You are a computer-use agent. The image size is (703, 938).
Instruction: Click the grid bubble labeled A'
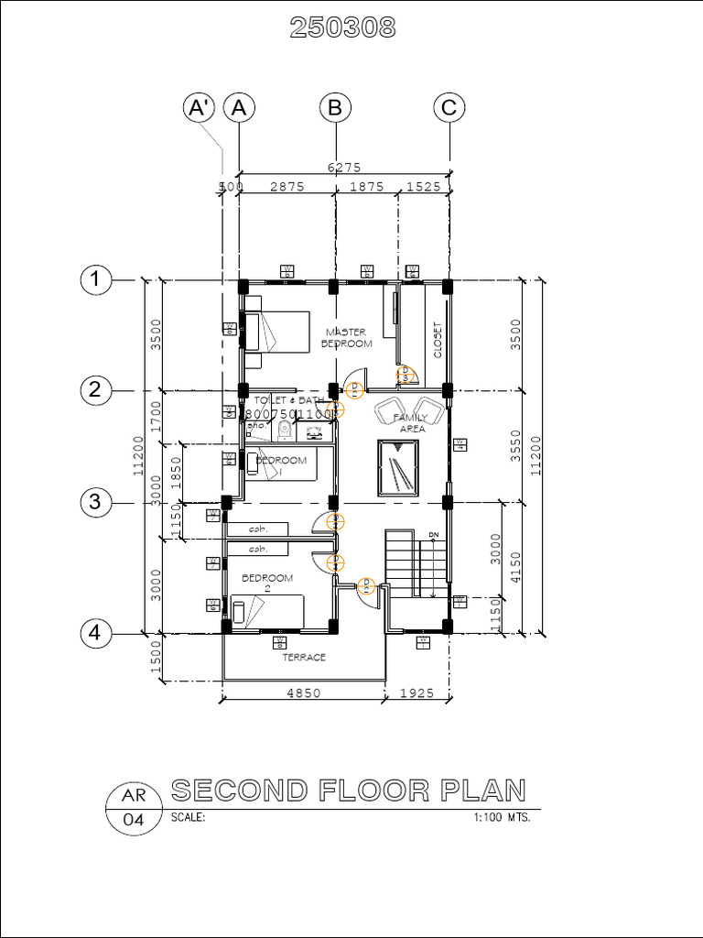[x=199, y=107]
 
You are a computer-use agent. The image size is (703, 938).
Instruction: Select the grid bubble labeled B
[x=335, y=107]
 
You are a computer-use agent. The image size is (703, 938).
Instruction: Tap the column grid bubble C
[x=449, y=107]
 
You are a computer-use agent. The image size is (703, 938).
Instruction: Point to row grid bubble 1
[x=95, y=279]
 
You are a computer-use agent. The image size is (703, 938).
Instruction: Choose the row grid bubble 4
[x=95, y=632]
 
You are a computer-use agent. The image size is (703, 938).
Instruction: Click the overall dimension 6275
[x=344, y=167]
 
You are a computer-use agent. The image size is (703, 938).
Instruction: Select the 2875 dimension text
[x=287, y=186]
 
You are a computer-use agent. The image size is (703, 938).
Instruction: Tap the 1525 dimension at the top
[x=423, y=186]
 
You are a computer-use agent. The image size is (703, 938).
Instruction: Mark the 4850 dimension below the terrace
[x=303, y=693]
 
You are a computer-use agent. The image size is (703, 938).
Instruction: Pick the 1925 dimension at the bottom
[x=417, y=693]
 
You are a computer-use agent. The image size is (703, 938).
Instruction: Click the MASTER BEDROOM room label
[x=346, y=337]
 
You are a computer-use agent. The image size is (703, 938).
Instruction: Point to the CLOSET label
[x=438, y=339]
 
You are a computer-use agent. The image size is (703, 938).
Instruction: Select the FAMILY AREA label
[x=411, y=422]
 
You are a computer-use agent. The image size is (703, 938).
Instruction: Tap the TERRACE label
[x=303, y=657]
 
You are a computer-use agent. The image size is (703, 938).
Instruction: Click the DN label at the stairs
[x=434, y=533]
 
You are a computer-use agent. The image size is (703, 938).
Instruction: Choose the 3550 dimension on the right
[x=515, y=445]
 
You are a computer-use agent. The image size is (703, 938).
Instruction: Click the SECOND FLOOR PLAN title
[x=349, y=790]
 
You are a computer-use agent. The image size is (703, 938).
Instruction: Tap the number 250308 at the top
[x=342, y=28]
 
